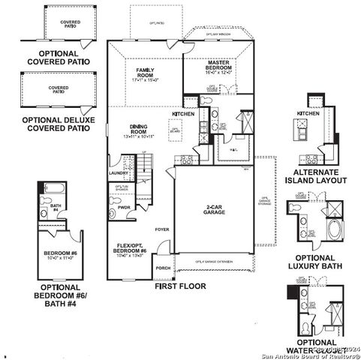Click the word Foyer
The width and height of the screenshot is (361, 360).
[x=162, y=229]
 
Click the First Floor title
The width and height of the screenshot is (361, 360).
[x=180, y=286]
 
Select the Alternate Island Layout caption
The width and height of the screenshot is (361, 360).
[x=320, y=175]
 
